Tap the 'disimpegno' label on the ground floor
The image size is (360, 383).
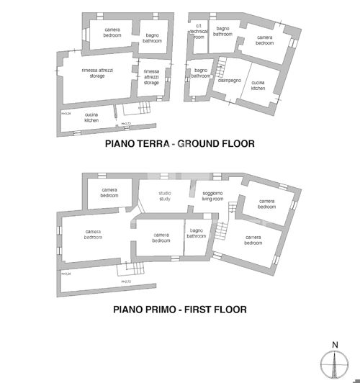[x=229, y=81]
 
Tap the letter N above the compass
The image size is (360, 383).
[x=334, y=344]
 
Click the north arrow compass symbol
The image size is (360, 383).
[x=334, y=365]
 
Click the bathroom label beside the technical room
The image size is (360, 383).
[x=223, y=31]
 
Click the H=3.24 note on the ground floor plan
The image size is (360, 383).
[x=66, y=113]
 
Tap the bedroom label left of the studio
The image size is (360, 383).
[x=109, y=193]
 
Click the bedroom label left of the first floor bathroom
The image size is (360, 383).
[x=161, y=238]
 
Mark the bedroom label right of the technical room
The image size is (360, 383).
[x=265, y=40]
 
